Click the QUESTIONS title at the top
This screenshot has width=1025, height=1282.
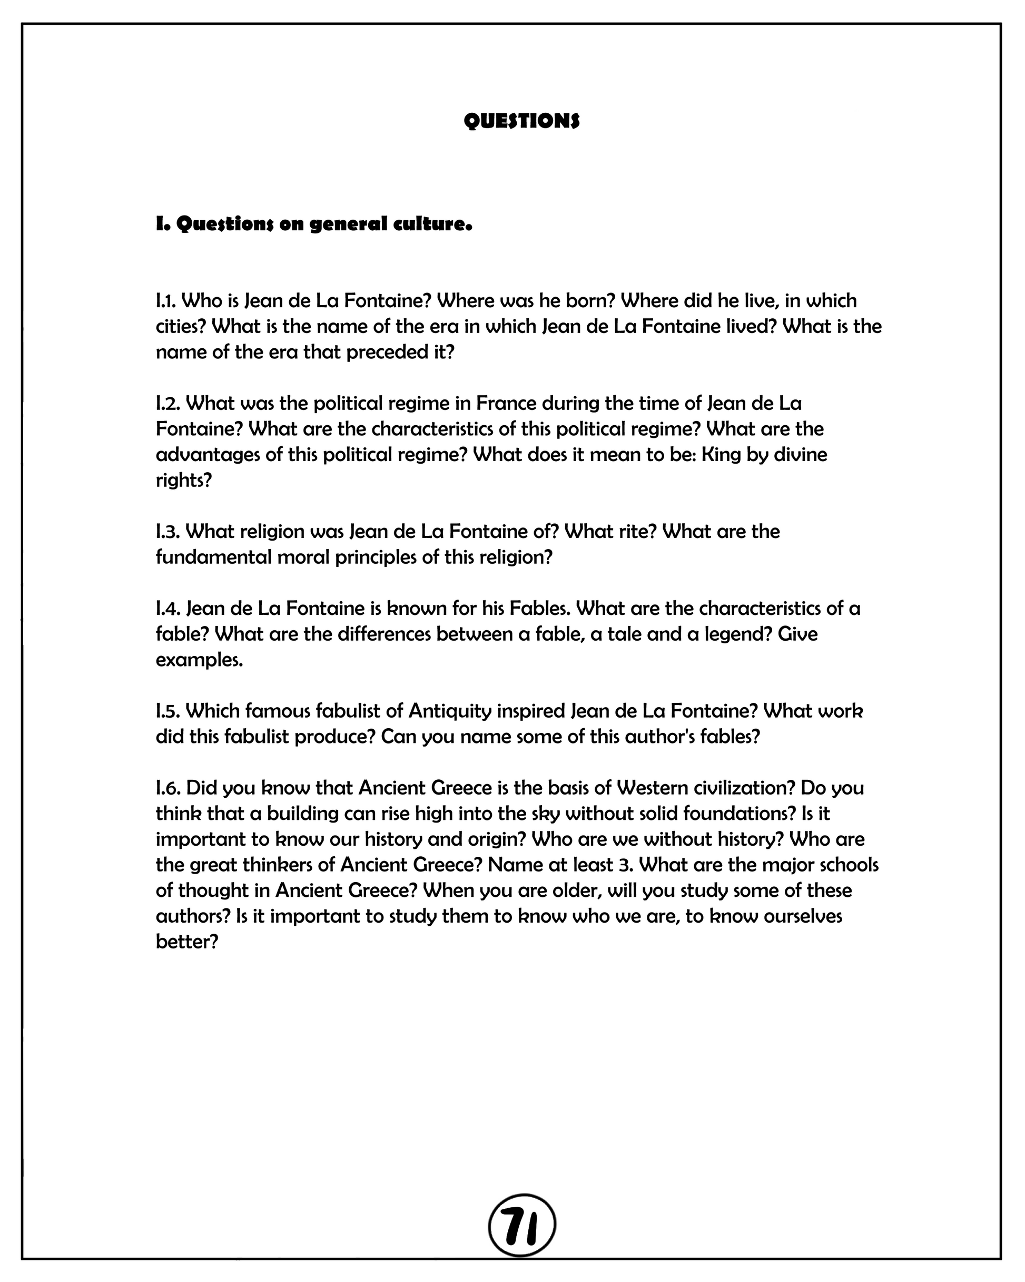(521, 121)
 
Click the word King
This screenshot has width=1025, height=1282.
(718, 455)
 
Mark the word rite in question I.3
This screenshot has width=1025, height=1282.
(639, 531)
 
